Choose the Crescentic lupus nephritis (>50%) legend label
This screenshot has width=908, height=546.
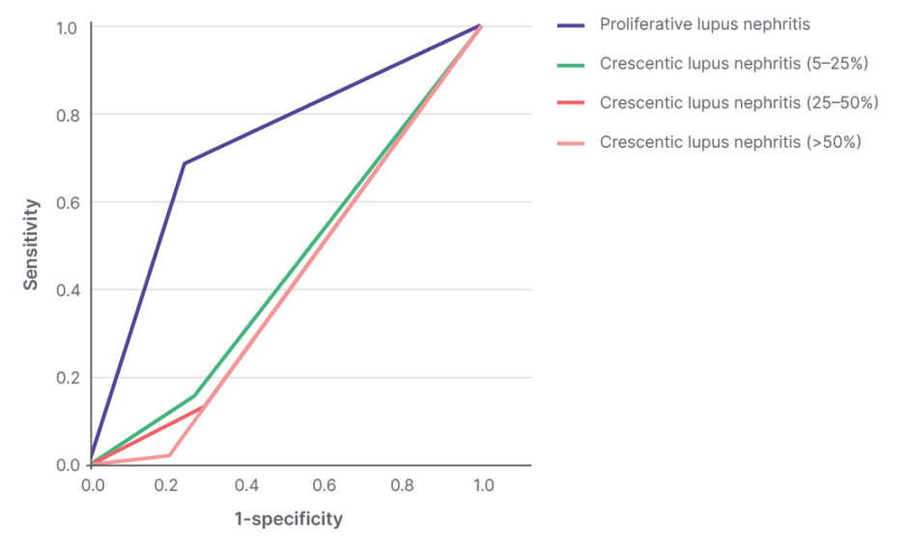[730, 142]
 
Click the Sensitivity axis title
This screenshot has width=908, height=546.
[32, 244]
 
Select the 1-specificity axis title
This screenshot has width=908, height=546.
[288, 519]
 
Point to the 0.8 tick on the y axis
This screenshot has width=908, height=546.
[67, 115]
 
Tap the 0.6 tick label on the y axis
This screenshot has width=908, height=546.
[67, 203]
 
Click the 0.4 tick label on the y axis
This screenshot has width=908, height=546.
[67, 289]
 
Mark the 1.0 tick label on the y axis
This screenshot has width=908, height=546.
[67, 27]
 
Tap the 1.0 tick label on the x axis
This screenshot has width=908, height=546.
[482, 485]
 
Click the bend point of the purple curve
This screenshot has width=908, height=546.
[184, 163]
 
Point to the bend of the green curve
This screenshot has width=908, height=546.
[195, 396]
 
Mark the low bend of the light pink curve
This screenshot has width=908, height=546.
[170, 455]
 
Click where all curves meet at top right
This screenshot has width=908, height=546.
[480, 26]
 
